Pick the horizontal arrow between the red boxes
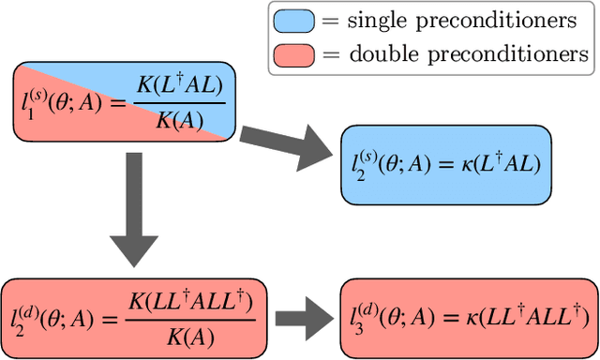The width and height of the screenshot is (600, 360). (x=301, y=319)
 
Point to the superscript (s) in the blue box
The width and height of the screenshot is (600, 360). (x=362, y=153)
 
